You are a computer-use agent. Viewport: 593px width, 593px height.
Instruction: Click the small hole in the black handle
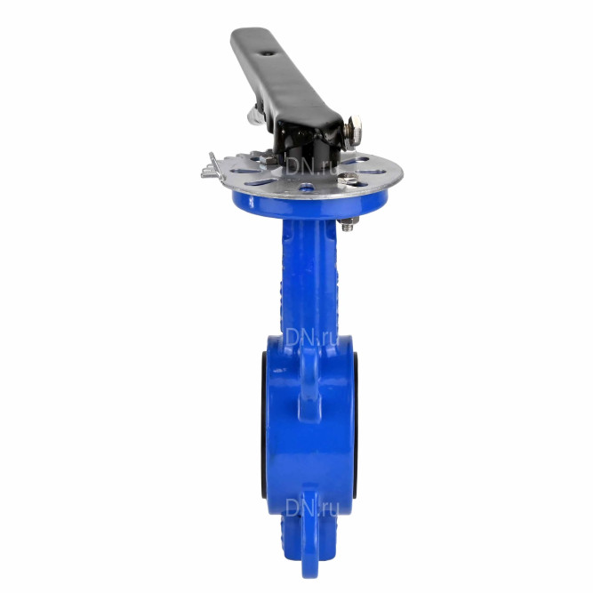268,54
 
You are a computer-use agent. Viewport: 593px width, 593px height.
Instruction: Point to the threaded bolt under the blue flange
348,224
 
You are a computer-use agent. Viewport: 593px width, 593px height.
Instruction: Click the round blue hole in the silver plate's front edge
307,187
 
